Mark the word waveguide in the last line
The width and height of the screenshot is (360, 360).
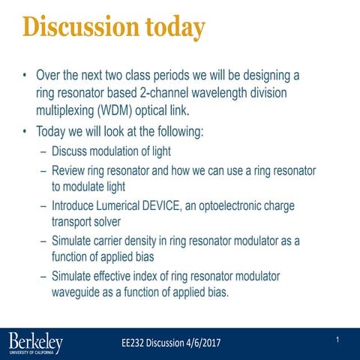(79, 292)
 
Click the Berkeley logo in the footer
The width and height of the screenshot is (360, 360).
(36, 343)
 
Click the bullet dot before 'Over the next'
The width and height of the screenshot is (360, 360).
(25, 76)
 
